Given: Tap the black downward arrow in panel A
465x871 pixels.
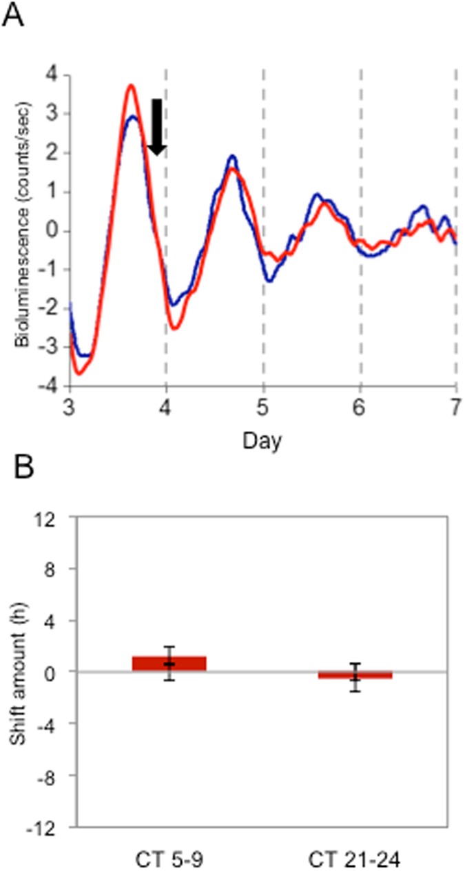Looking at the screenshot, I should pos(156,127).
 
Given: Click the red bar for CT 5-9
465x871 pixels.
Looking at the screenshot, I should pos(169,663).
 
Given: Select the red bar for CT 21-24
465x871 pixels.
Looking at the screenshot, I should pos(355,675).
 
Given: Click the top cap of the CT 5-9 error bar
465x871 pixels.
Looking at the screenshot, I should pos(169,647).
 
